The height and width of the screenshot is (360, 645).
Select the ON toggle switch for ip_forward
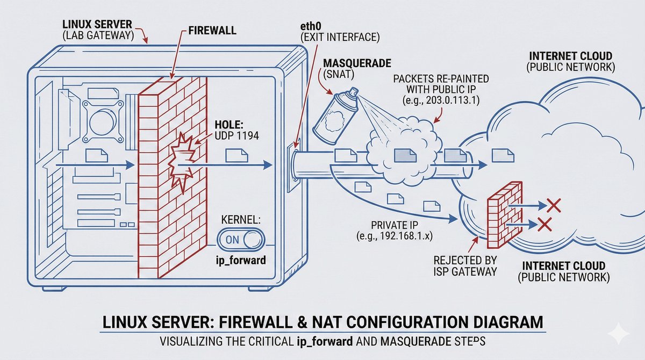point(240,240)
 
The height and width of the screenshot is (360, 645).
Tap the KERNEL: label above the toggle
point(241,221)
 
